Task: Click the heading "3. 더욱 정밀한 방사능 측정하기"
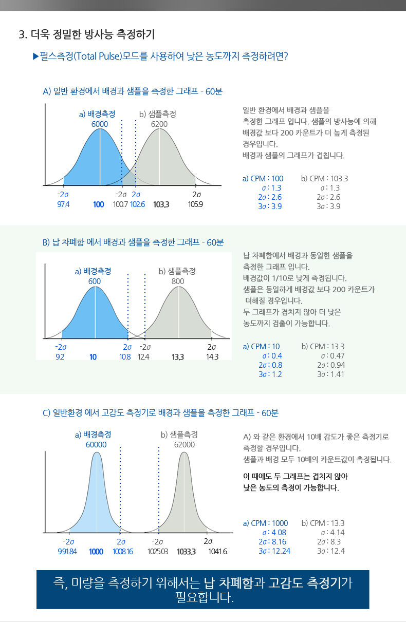[86, 35]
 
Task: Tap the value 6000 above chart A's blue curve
[100, 124]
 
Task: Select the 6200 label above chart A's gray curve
[159, 124]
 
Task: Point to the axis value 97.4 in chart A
[63, 204]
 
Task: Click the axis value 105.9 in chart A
[196, 204]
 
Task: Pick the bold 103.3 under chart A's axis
[161, 204]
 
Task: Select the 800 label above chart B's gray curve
[178, 281]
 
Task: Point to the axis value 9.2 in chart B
[60, 357]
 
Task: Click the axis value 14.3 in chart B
[212, 357]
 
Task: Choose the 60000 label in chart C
[96, 445]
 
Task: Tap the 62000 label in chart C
[184, 445]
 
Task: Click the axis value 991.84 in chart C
[67, 552]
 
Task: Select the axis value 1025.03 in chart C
[158, 552]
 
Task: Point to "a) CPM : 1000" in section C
[265, 523]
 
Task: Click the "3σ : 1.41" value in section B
[331, 374]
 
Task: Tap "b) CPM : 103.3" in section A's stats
[324, 179]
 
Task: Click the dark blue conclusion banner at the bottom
[202, 590]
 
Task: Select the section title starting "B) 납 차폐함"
[133, 242]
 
